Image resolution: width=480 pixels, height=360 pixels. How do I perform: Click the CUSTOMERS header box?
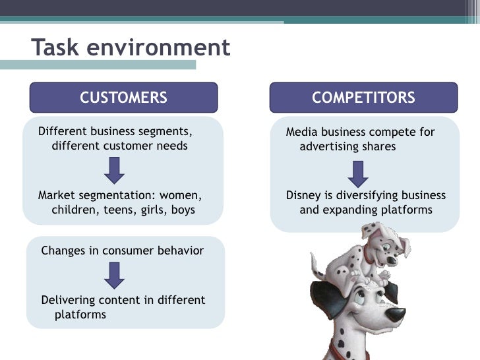(x=124, y=98)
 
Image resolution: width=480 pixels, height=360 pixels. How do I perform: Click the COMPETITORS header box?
(x=363, y=98)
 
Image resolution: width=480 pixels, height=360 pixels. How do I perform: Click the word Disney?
(x=303, y=196)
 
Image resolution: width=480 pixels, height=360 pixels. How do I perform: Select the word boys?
(x=183, y=210)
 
